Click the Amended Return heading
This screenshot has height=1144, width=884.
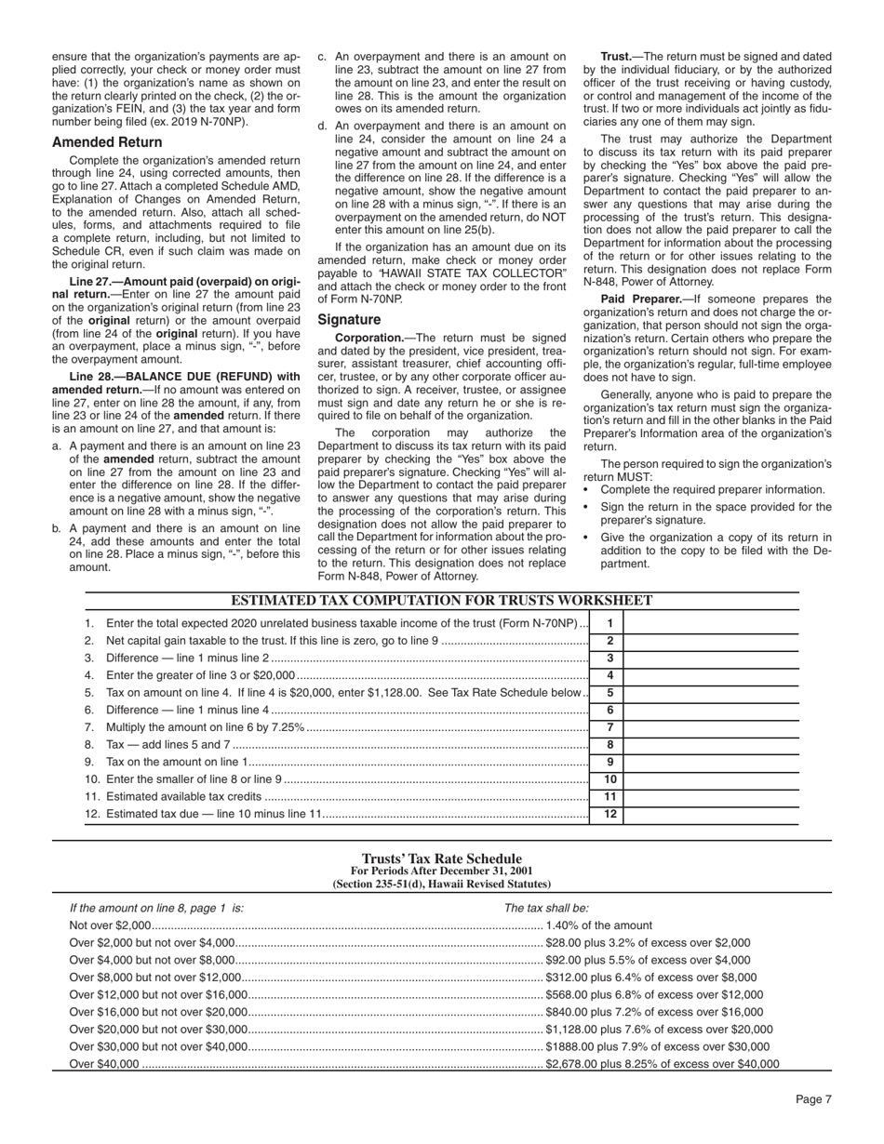(107, 142)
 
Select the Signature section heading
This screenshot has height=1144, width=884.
(349, 319)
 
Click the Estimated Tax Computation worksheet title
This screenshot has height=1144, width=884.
(441, 601)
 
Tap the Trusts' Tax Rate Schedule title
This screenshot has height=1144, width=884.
(441, 858)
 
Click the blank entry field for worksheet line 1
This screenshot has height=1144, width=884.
(710, 623)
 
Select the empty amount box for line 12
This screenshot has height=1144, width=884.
(710, 814)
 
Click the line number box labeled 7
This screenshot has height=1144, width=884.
(609, 727)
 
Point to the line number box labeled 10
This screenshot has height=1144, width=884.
(609, 779)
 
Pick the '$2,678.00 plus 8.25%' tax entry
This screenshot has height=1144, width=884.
(662, 1064)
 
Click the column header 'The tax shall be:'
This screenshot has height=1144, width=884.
(546, 909)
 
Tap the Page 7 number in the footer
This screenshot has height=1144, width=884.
(812, 1099)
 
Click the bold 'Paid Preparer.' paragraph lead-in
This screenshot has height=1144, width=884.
(637, 299)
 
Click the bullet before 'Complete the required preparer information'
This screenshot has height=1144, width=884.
(587, 490)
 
